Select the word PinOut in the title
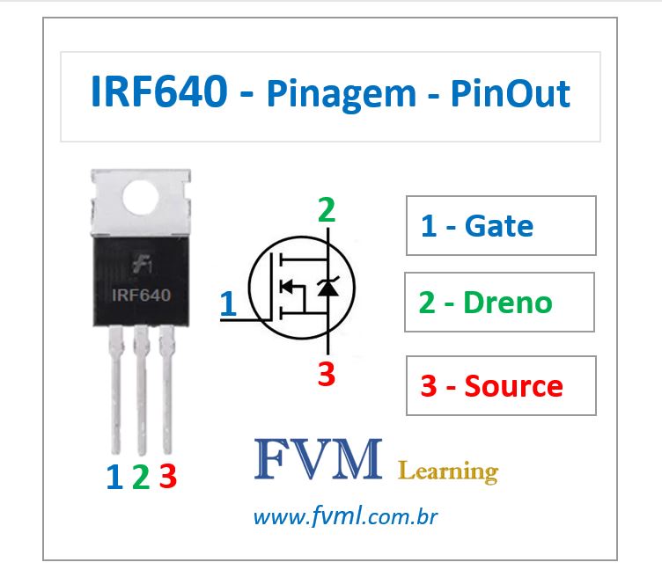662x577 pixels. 510,93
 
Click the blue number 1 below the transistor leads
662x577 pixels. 114,477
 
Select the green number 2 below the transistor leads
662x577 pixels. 140,477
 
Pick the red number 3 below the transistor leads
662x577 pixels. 167,477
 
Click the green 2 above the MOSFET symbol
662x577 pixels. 327,211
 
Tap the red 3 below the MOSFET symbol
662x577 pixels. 327,374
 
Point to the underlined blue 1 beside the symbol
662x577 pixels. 228,304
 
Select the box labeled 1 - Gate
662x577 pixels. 501,226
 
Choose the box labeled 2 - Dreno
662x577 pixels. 499,303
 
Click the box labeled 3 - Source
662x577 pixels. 501,385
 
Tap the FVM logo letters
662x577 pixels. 318,460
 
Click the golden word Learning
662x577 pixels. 448,471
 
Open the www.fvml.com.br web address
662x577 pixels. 345,517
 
